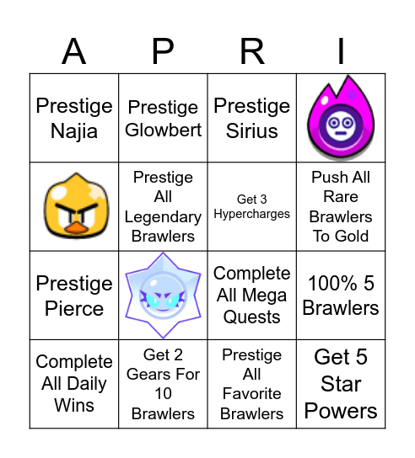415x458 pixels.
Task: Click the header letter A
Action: coord(74,52)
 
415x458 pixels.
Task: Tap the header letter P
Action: coord(163,52)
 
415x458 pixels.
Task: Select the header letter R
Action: coord(252,52)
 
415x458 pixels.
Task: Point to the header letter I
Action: coord(341,52)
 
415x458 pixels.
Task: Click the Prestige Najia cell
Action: coord(74,119)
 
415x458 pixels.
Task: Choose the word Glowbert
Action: coord(164,130)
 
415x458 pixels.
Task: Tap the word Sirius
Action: coord(252,130)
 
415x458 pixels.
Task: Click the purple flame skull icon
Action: coord(341,119)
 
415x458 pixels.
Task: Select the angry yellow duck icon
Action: coord(74,207)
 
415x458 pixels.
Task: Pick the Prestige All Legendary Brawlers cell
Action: coord(163,207)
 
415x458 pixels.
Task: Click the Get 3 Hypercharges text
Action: coord(251,207)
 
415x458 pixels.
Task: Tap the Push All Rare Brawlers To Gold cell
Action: coord(341,207)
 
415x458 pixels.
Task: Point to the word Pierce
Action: coord(74,308)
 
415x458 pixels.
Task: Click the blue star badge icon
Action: coord(163,296)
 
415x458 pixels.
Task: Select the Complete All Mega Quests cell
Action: coord(251,296)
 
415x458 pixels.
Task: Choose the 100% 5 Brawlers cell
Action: coord(341,296)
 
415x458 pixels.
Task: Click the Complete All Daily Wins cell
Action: coord(74,384)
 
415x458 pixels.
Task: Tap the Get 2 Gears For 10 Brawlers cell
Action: coord(163,384)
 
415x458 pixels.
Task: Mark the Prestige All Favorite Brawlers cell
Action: coord(251,384)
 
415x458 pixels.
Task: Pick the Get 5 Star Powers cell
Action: coord(341,384)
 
